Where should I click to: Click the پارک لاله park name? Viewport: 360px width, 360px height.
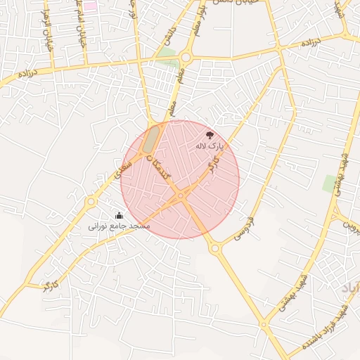pos(209,146)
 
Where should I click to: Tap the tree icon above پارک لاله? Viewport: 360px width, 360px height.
pos(210,135)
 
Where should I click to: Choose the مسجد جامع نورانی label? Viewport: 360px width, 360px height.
pos(119,226)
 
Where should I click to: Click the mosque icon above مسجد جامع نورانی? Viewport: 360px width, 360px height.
pos(119,215)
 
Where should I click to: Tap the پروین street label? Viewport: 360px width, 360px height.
pos(350,224)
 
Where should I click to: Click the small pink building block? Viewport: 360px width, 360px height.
pos(91,6)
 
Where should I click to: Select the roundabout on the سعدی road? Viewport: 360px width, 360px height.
pos(91,202)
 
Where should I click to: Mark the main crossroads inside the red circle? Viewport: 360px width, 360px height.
pos(181,196)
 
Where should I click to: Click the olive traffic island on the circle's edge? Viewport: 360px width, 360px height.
pos(151,140)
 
